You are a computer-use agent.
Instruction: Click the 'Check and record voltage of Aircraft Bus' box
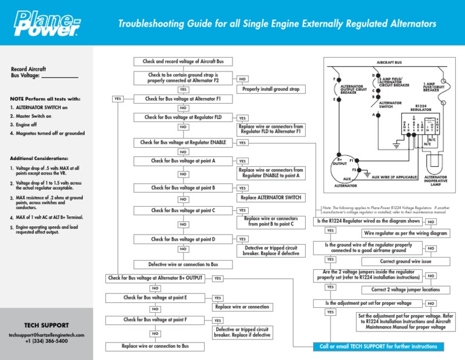coord(182,61)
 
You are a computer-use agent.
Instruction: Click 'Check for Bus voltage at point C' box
coord(183,210)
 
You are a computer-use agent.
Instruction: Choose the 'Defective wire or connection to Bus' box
coord(183,264)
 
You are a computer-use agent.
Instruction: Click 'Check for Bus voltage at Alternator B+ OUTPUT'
coord(155,278)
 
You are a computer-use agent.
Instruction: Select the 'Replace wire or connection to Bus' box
coord(155,346)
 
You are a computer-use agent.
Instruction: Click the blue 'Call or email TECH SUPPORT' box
coord(378,347)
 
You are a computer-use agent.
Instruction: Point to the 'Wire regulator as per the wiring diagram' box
coord(405,233)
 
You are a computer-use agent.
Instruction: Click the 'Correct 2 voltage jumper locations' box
coord(405,289)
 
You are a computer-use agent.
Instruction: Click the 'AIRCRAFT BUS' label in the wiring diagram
coord(390,62)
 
